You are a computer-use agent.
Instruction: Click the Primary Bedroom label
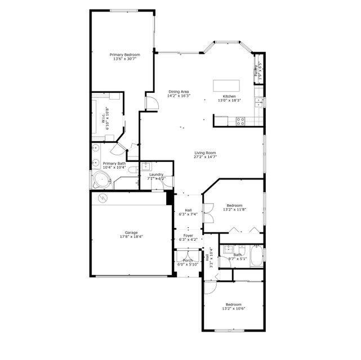pyautogui.click(x=124, y=55)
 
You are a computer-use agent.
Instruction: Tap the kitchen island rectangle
pyautogui.click(x=226, y=85)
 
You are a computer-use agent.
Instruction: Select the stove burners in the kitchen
pyautogui.click(x=240, y=120)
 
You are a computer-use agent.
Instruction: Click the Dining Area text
pyautogui.click(x=179, y=92)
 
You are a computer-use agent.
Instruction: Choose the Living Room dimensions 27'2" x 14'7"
pyautogui.click(x=205, y=157)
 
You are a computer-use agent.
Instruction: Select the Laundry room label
pyautogui.click(x=156, y=174)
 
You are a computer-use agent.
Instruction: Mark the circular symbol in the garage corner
pyautogui.click(x=102, y=197)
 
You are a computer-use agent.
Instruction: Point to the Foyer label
pyautogui.click(x=188, y=236)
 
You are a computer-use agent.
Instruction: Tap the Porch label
pyautogui.click(x=188, y=260)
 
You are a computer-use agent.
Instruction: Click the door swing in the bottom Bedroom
pyautogui.click(x=210, y=287)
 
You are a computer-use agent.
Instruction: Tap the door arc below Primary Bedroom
pyautogui.click(x=151, y=102)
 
